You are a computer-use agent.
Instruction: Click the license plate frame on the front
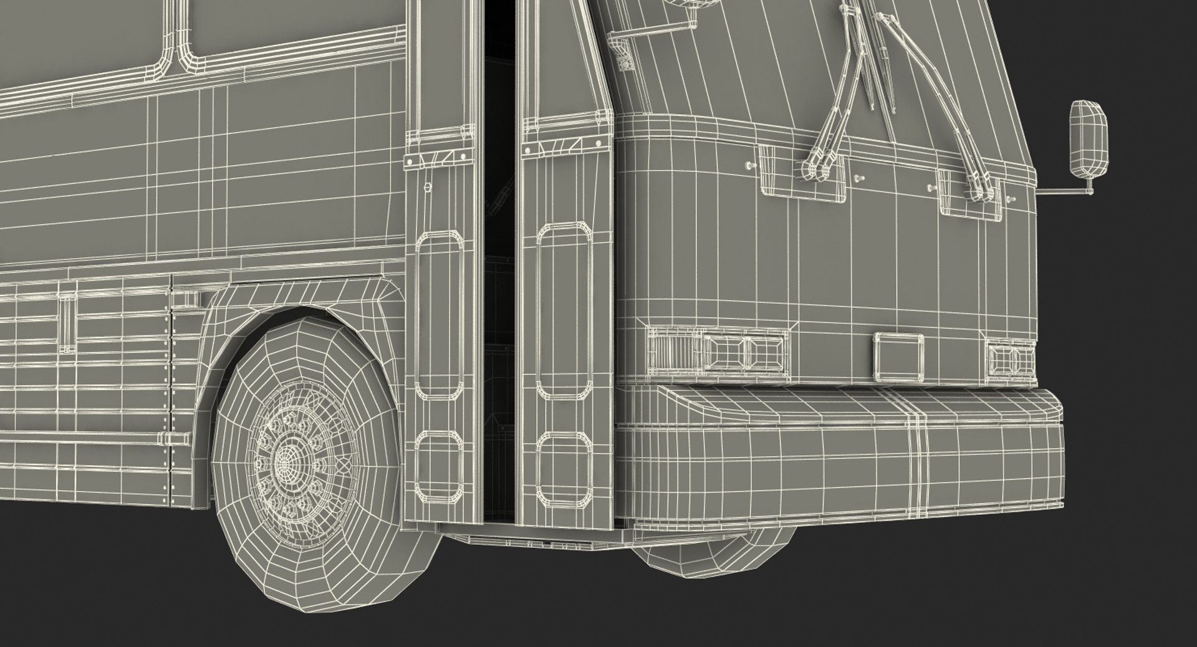pos(898,357)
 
